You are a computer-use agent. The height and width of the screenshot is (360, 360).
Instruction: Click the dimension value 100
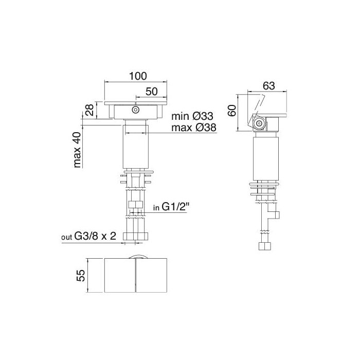coord(136,76)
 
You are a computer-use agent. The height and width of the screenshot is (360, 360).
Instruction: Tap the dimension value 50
coord(151,91)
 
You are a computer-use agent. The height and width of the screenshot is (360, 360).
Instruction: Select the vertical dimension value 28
coord(89,110)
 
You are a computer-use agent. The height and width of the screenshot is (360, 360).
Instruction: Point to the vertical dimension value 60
coord(232,111)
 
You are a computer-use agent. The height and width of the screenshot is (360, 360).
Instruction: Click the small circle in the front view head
coord(136,110)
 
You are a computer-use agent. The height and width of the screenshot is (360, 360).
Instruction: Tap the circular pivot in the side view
coord(260,123)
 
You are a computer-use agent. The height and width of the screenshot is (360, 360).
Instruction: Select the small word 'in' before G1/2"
coord(157,209)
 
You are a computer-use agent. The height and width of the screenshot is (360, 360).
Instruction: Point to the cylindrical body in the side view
coord(265,157)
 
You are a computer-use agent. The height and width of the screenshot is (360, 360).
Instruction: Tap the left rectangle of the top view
coord(120,276)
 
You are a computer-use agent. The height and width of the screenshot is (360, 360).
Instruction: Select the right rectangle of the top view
coord(152,276)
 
